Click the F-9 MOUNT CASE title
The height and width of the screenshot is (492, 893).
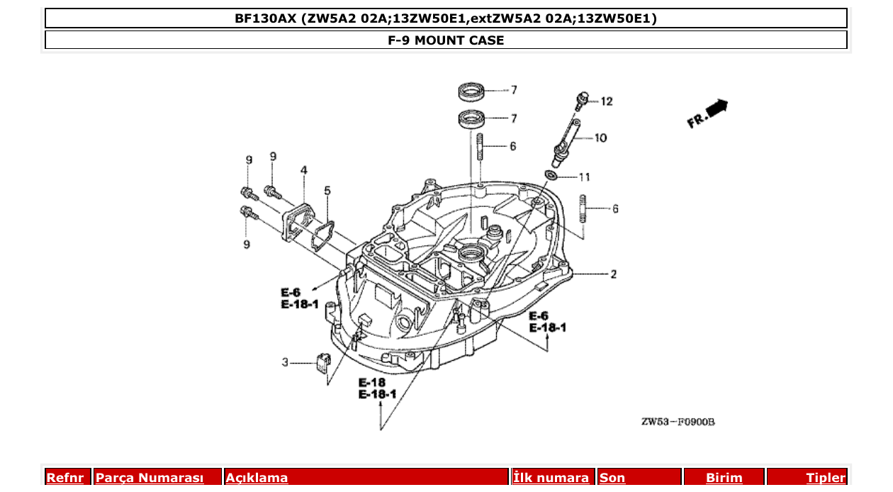(446, 40)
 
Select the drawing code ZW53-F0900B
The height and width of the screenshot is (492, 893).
(678, 422)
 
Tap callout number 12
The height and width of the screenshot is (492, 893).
(606, 101)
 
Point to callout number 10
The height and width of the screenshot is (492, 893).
(600, 138)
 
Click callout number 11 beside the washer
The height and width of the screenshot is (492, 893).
(584, 177)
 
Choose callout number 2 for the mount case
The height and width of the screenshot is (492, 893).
(613, 274)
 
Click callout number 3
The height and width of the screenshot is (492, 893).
(285, 362)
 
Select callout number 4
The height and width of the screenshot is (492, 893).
(303, 170)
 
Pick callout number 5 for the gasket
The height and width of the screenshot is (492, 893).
(327, 190)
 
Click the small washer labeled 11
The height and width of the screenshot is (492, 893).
(551, 175)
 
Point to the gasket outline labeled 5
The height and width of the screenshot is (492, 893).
(322, 235)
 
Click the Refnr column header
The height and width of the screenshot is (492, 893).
(65, 478)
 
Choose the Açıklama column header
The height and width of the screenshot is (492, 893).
(257, 478)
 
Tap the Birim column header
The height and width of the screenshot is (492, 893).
(724, 478)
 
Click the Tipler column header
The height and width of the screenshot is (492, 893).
(825, 478)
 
